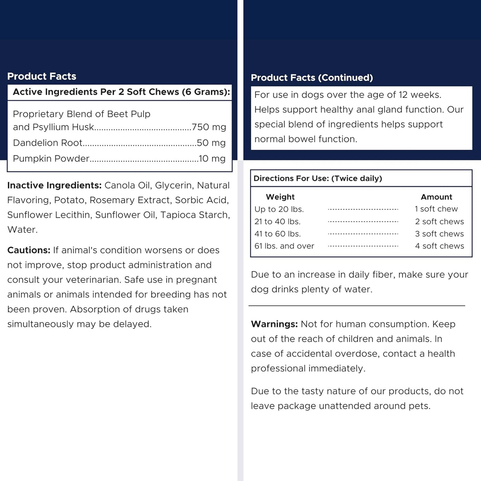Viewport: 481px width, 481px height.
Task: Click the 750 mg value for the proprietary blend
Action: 209,127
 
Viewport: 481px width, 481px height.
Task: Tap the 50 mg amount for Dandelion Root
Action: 211,143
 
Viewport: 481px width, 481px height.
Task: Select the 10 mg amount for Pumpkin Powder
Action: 212,158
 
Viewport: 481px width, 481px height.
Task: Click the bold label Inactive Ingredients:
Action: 54,185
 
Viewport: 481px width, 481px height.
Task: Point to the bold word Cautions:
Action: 29,250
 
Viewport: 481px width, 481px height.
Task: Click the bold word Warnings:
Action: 274,324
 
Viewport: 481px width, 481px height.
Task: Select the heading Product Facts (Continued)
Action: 312,78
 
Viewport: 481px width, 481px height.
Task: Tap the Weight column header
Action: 280,197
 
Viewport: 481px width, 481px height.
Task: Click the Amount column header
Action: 436,197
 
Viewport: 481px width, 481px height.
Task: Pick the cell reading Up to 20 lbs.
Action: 279,209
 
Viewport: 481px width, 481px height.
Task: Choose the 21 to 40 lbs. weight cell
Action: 277,221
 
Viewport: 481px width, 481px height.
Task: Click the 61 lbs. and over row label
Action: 284,246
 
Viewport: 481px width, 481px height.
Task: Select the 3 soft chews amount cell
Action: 439,234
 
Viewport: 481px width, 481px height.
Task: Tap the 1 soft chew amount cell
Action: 436,209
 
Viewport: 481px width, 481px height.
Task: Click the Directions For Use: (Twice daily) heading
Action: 318,178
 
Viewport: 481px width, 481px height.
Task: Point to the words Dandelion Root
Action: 48,143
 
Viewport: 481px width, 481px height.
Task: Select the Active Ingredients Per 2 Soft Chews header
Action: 121,92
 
